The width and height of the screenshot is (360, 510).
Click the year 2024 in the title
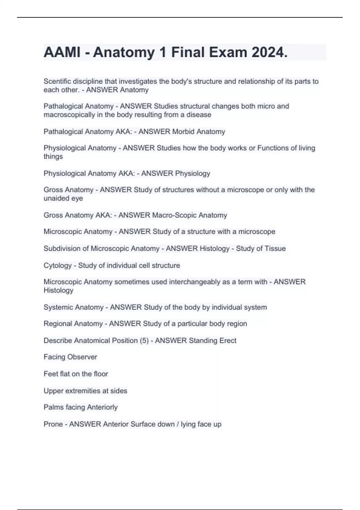tap(269, 52)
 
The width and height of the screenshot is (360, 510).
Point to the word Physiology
tap(193, 173)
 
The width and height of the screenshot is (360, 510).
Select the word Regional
tap(58, 324)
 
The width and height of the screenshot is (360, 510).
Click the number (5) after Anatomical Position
tap(144, 340)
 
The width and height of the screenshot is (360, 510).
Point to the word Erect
tap(228, 340)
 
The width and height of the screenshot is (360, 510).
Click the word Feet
tap(50, 374)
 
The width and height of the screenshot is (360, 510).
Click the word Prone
tap(53, 424)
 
